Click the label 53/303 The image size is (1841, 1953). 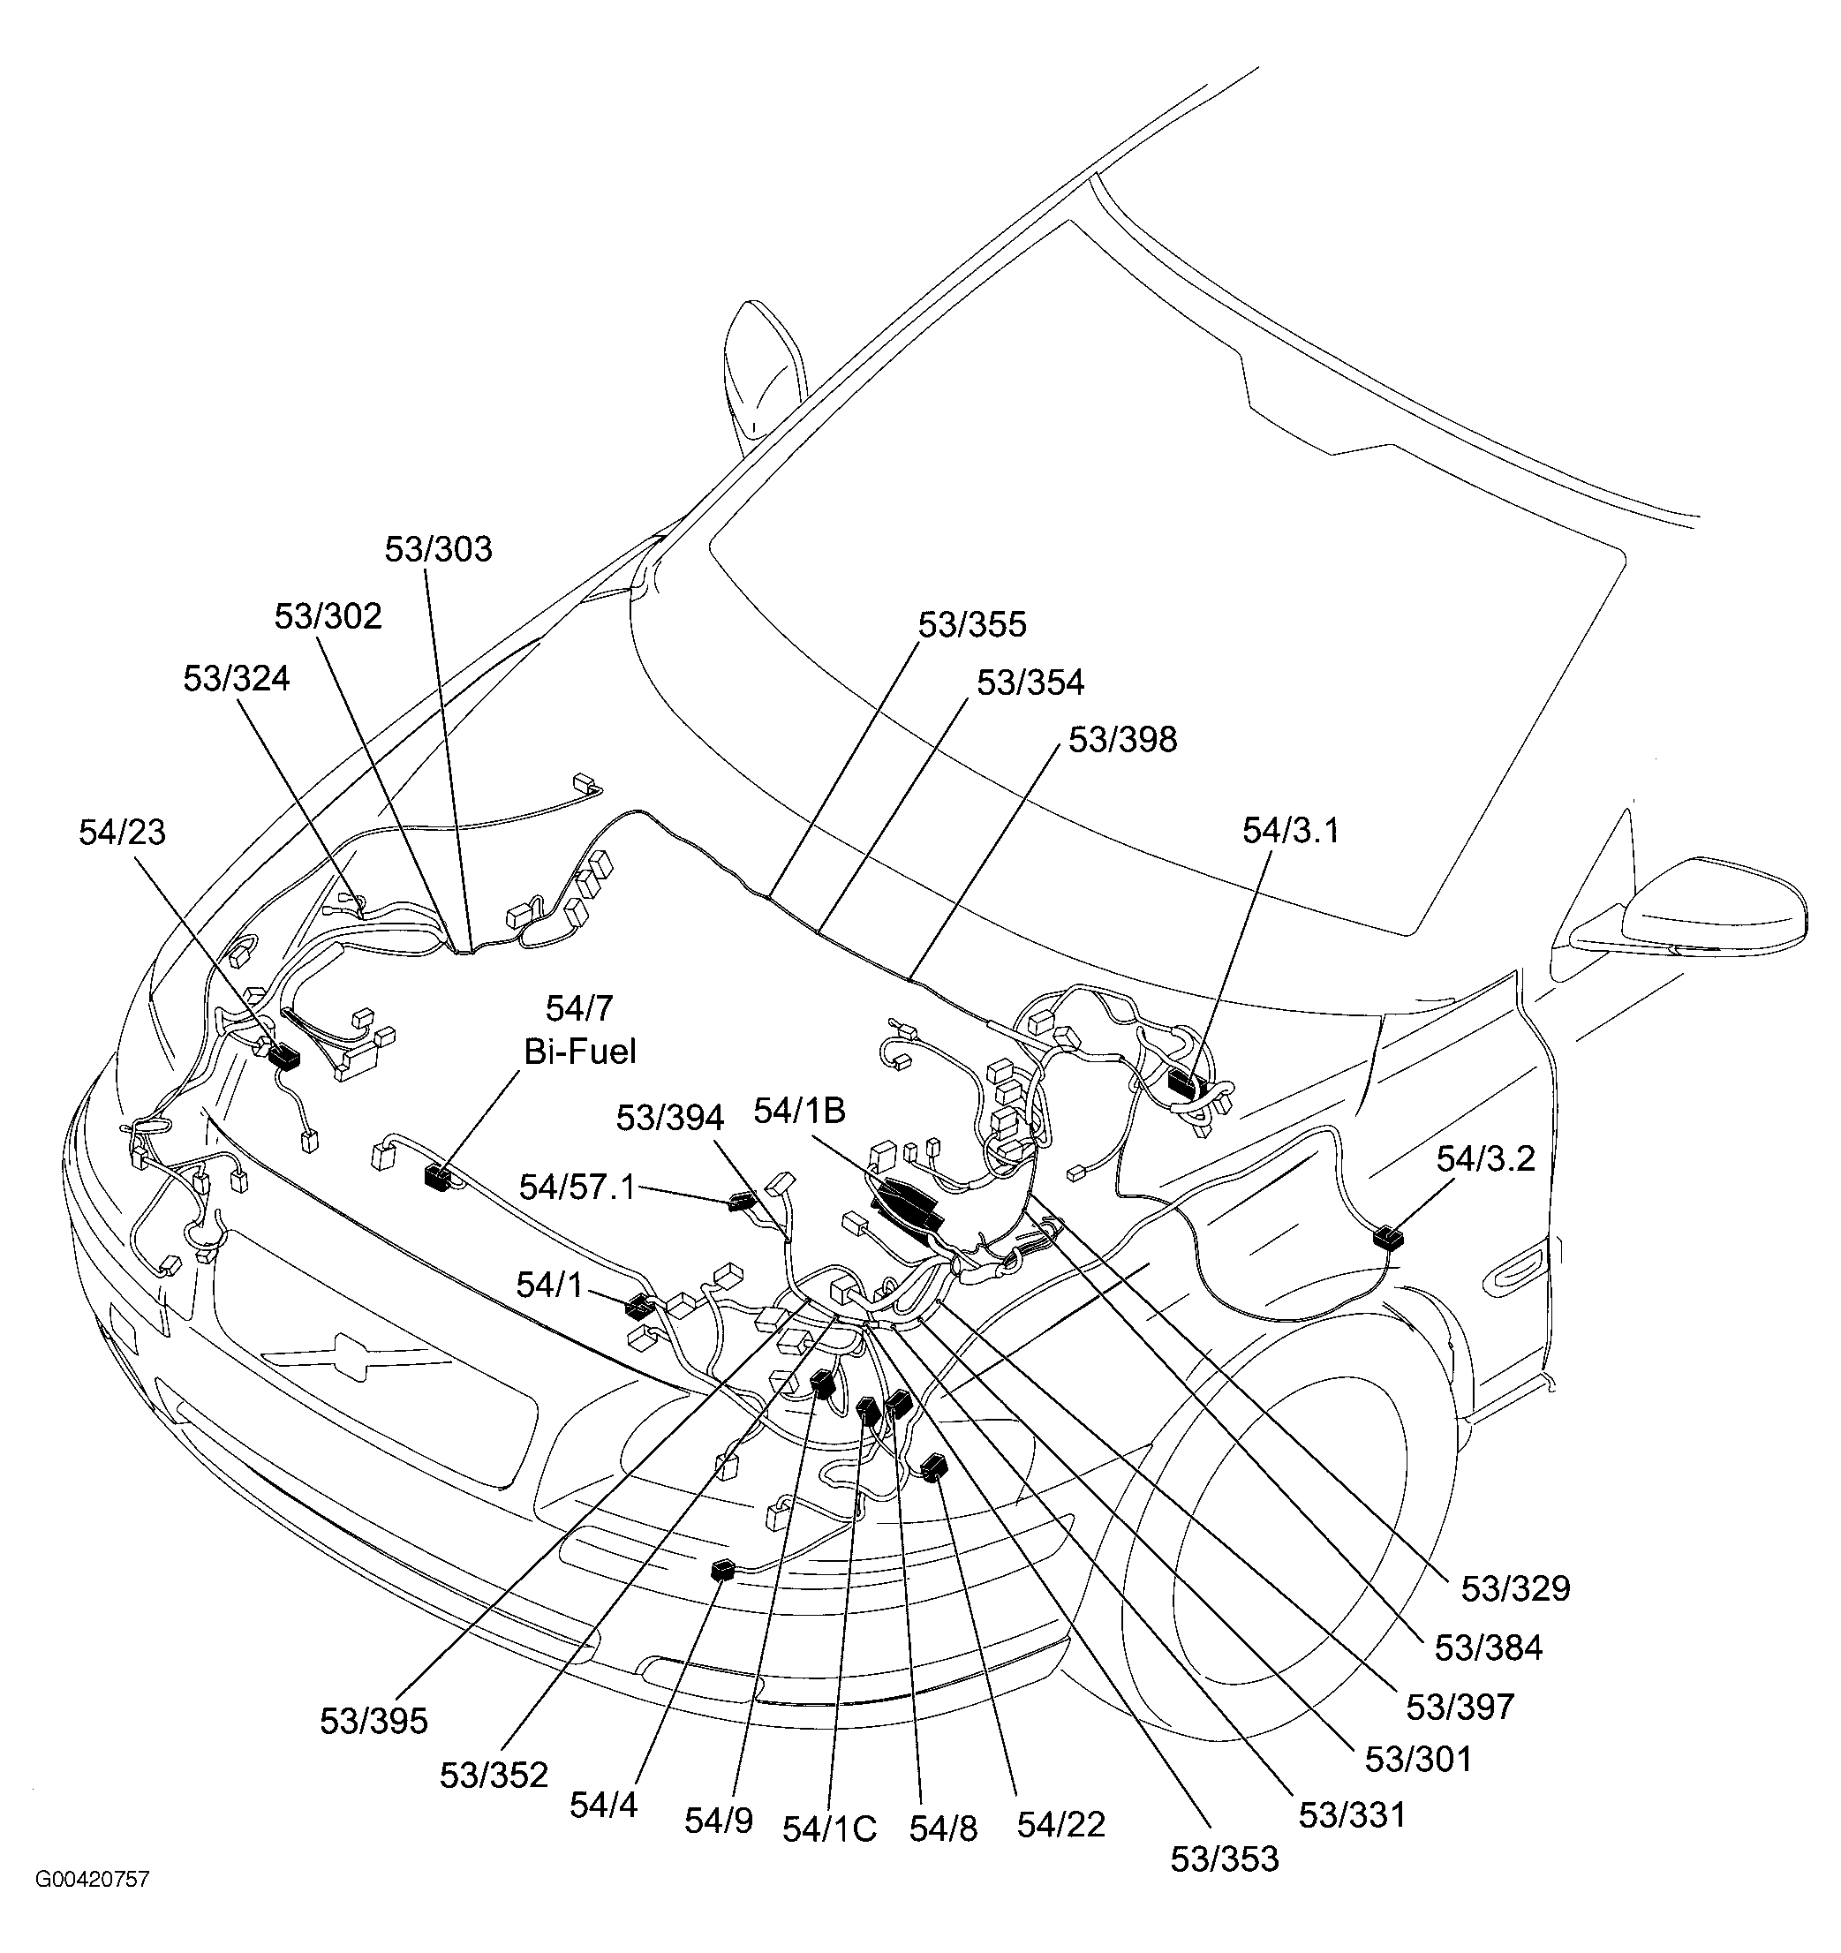(x=438, y=549)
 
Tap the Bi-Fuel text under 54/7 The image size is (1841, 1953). (x=579, y=1052)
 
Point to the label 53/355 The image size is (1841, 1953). (x=971, y=625)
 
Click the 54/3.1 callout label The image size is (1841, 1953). (x=1291, y=831)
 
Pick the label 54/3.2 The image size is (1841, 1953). (x=1485, y=1159)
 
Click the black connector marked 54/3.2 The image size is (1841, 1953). (x=1389, y=1237)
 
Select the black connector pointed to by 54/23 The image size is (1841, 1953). (x=284, y=1057)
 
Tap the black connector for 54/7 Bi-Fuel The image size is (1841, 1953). (x=436, y=1176)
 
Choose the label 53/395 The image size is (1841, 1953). (x=373, y=1721)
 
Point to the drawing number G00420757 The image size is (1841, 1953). (x=93, y=1880)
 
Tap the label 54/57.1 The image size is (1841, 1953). (x=577, y=1188)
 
